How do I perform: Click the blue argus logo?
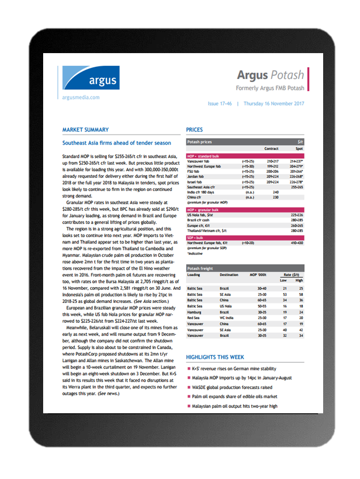click(91, 78)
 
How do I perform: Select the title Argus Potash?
click(269, 75)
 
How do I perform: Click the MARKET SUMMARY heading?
click(85, 130)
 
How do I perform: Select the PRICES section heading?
click(194, 130)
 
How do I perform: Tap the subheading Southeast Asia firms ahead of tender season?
click(116, 143)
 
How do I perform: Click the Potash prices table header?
click(201, 142)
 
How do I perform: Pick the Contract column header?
click(271, 149)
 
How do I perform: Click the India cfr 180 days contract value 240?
click(275, 192)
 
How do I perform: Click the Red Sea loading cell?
click(194, 318)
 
